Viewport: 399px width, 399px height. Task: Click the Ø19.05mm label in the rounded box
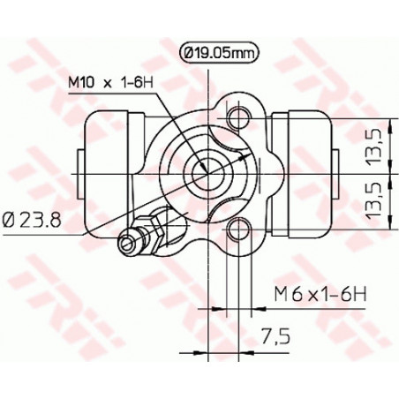[220, 53]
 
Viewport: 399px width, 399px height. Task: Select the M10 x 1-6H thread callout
[111, 83]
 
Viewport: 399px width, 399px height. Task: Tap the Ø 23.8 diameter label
[32, 220]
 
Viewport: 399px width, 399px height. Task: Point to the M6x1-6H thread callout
[320, 294]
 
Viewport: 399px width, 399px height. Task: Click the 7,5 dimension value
[275, 336]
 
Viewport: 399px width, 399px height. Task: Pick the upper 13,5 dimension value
[373, 146]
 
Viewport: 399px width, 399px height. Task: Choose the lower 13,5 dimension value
[373, 200]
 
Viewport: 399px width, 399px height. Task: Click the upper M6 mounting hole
[238, 117]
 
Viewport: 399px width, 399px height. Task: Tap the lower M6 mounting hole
[238, 229]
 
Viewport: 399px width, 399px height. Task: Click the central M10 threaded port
[208, 174]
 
